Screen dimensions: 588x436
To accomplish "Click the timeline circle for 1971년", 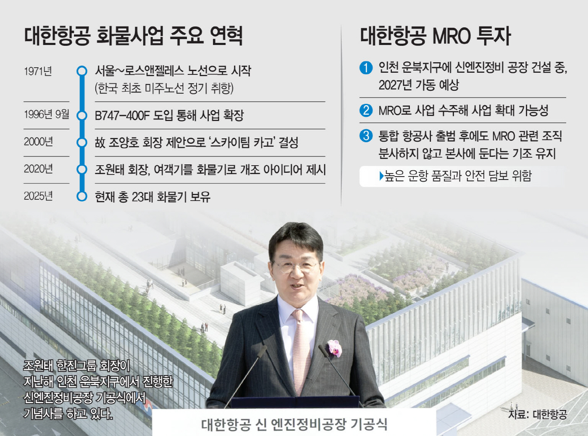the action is (x=81, y=71).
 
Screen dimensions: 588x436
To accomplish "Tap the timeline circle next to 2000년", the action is (x=81, y=143).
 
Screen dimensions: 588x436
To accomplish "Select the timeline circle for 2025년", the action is (x=81, y=196).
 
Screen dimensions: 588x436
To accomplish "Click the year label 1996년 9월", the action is (x=46, y=115).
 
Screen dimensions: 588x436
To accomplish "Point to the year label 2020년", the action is (x=38, y=169).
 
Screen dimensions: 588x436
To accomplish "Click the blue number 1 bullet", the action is (x=366, y=68).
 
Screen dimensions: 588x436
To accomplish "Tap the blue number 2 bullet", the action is (x=366, y=110).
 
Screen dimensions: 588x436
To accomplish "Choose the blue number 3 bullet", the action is (x=366, y=136).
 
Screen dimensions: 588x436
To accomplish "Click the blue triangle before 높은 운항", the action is (x=382, y=176).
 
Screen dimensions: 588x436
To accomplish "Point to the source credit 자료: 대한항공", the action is (x=537, y=414).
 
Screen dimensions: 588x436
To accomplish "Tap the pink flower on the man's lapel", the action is (x=334, y=348).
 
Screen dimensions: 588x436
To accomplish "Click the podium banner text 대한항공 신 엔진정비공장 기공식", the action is (x=294, y=424).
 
